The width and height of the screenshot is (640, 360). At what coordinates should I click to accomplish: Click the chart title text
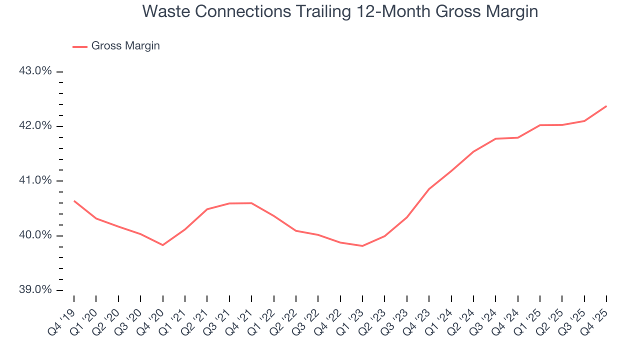[x=340, y=11]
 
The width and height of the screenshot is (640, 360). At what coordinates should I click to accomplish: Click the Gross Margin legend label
[x=125, y=46]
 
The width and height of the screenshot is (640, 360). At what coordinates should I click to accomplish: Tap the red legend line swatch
[x=80, y=46]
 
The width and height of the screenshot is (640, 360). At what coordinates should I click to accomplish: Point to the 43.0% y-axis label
[x=35, y=71]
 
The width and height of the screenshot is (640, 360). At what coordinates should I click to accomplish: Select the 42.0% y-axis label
[x=35, y=125]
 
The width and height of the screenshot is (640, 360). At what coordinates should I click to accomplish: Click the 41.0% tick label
[x=35, y=180]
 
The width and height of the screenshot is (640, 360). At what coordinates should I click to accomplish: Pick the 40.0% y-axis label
[x=35, y=235]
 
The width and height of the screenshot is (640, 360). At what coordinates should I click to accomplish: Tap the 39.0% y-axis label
[x=35, y=290]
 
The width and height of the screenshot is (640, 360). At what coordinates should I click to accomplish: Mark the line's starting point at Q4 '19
[x=74, y=201]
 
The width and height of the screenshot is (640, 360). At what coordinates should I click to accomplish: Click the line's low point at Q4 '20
[x=162, y=245]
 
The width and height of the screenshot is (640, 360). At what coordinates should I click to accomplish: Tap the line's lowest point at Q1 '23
[x=362, y=246]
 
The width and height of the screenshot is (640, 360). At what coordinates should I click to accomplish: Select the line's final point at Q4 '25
[x=606, y=106]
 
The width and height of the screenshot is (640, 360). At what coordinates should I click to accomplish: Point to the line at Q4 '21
[x=251, y=203]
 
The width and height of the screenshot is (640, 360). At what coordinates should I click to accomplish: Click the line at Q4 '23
[x=428, y=189]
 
